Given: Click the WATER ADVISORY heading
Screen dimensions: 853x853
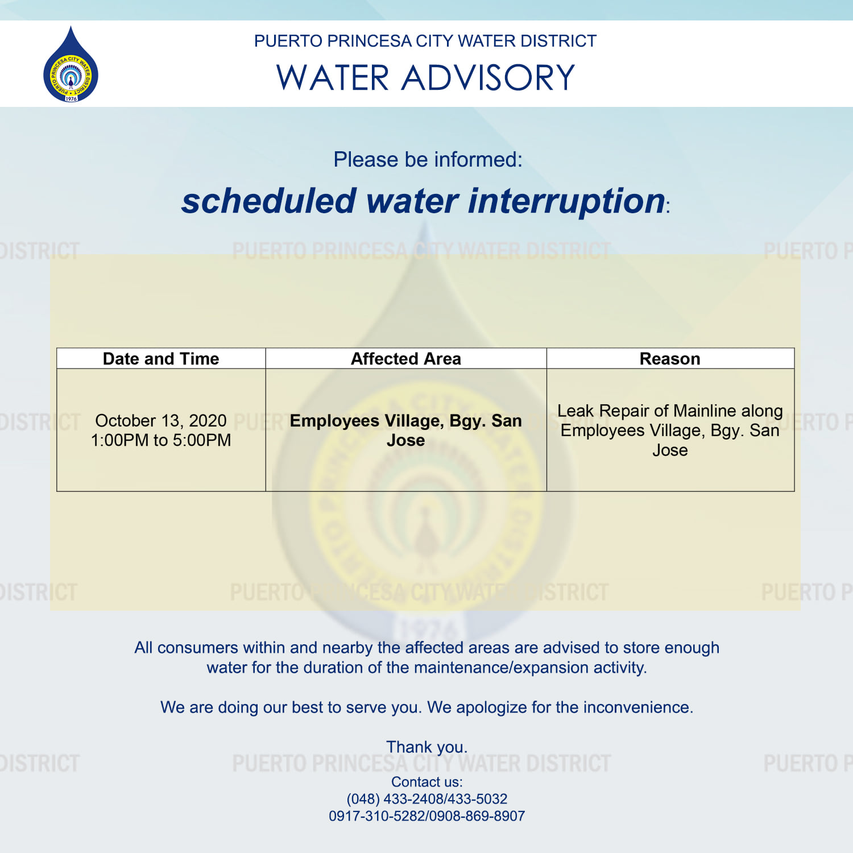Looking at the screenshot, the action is (x=426, y=77).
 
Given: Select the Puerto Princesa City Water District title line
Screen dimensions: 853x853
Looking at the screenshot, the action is (x=425, y=41).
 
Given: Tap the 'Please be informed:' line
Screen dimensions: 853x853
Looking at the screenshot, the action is (x=428, y=160).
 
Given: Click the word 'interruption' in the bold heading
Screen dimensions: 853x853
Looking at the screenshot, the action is (x=567, y=201).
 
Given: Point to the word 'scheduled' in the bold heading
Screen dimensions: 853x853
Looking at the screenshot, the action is (x=269, y=201).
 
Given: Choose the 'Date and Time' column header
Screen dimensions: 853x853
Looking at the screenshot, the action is (x=161, y=359).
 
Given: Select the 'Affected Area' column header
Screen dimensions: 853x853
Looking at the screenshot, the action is (x=406, y=359).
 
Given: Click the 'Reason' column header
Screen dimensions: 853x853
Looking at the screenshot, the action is (x=670, y=359).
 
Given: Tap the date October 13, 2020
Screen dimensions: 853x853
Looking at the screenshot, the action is (x=161, y=421).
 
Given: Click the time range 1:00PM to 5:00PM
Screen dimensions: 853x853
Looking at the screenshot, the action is (x=161, y=440).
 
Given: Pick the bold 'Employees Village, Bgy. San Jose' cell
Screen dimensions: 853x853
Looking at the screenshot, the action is (x=406, y=430).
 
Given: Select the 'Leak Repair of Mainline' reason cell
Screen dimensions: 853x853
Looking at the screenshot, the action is (x=670, y=430).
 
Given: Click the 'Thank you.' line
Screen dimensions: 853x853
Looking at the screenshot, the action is (x=427, y=747).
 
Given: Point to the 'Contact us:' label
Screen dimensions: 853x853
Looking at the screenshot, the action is (x=427, y=782).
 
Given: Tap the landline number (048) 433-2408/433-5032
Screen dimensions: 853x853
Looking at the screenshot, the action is (x=427, y=799).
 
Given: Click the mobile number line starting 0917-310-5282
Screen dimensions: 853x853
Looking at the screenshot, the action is (x=427, y=816).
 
